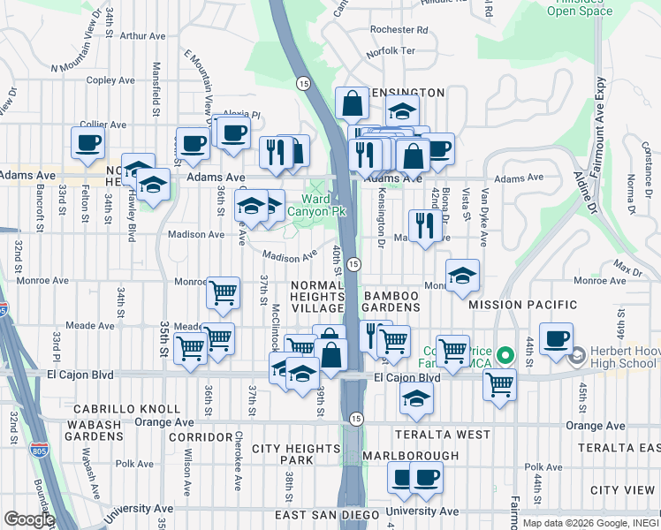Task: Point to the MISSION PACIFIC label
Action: click(x=522, y=305)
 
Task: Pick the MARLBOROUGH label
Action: click(x=411, y=456)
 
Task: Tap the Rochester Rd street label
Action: click(x=399, y=29)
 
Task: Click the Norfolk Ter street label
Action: click(x=390, y=51)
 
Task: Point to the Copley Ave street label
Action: click(x=110, y=80)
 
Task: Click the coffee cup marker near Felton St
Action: click(x=88, y=143)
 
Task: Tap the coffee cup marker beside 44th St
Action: click(x=556, y=339)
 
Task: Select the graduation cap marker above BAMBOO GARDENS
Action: click(x=462, y=276)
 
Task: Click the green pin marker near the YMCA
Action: click(x=505, y=356)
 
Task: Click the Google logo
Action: click(x=28, y=519)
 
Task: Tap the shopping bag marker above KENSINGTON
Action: click(x=352, y=103)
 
